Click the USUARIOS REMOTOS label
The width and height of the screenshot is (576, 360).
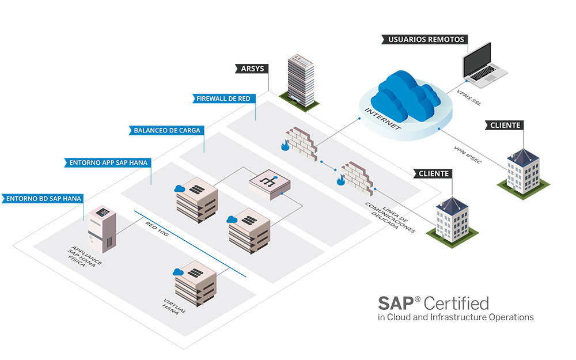pos(425,40)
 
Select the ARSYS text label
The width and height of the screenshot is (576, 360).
pos(252,69)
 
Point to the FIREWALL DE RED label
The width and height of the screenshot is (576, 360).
pos(223,98)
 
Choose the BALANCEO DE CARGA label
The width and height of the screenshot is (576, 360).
pos(167,130)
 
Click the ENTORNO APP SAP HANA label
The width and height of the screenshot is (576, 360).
pos(108,162)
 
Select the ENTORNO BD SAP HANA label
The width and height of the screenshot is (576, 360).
pos(44,198)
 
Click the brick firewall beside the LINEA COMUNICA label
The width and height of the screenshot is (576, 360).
pos(356,177)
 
